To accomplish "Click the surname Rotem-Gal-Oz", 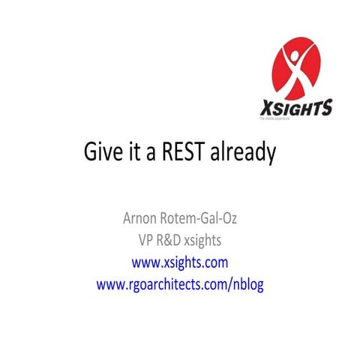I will pyautogui.click(x=198, y=219).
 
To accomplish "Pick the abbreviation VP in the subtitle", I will pyautogui.click(x=139, y=241).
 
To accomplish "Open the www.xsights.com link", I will pyautogui.click(x=180, y=262).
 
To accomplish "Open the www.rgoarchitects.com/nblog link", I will pyautogui.click(x=180, y=285).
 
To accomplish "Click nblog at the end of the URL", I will pyautogui.click(x=248, y=285).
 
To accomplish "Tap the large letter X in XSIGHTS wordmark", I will pyautogui.click(x=265, y=107).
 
